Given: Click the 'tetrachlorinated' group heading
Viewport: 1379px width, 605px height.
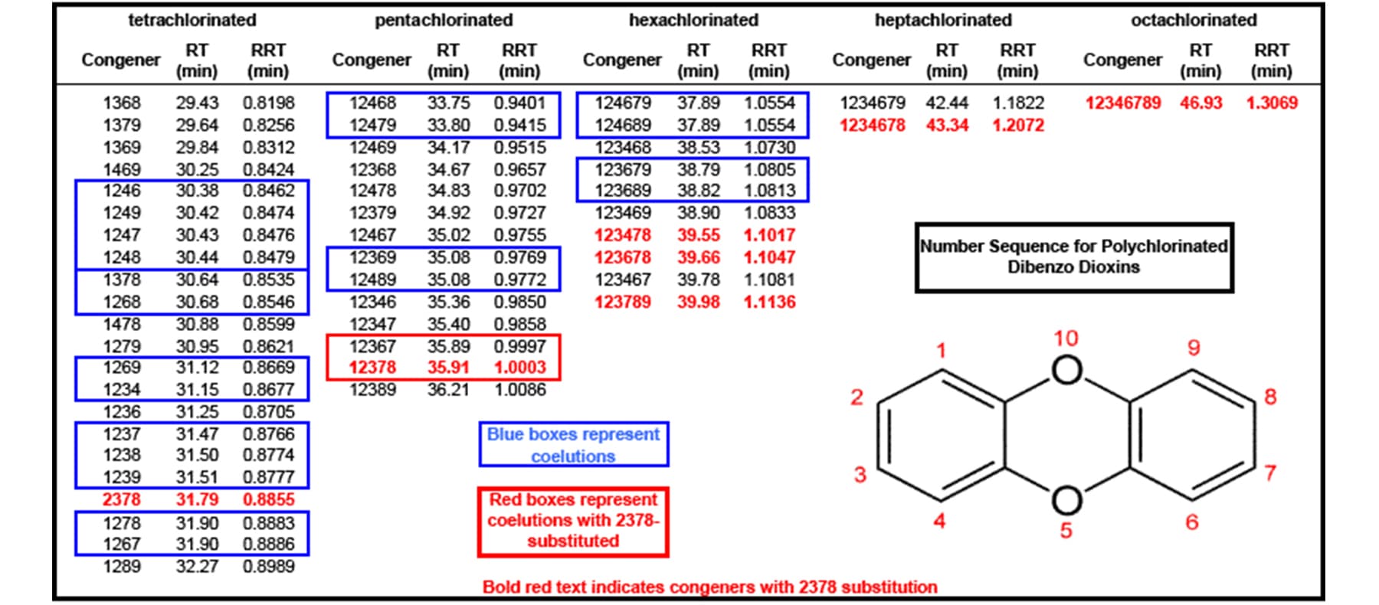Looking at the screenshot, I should (192, 20).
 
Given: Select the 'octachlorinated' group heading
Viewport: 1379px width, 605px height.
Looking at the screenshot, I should (1194, 20).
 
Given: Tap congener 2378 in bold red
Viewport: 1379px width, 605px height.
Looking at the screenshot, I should (122, 499).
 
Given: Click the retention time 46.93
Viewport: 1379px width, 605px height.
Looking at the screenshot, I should (1200, 103).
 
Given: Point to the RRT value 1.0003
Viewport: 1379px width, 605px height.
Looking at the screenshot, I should (519, 368).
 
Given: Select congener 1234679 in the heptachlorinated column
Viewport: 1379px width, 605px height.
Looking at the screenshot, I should (872, 103).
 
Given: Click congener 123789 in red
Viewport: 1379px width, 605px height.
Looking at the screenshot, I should (622, 302).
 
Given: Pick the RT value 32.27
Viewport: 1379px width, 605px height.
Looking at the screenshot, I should (197, 567).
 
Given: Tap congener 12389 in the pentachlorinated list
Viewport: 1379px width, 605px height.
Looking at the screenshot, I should (372, 390).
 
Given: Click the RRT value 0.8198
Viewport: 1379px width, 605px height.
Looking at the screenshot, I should (268, 103).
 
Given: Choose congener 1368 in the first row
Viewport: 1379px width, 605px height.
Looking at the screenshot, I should (122, 103).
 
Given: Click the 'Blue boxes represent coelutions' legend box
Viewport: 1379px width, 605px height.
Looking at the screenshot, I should (573, 444).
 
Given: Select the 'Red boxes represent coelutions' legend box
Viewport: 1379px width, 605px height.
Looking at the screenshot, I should (573, 521).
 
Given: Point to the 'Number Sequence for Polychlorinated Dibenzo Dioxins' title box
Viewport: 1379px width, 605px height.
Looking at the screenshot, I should (1073, 257).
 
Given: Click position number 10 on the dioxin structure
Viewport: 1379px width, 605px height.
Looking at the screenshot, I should (1066, 338).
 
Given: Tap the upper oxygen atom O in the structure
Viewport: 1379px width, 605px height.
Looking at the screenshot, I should (1066, 371).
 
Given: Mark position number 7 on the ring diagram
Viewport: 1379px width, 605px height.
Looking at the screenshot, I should (1270, 473).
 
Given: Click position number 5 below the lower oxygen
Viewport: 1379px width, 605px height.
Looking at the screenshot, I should (1066, 530).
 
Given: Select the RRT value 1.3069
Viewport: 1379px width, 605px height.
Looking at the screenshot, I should (1272, 103).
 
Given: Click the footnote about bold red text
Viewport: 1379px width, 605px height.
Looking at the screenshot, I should (709, 587).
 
